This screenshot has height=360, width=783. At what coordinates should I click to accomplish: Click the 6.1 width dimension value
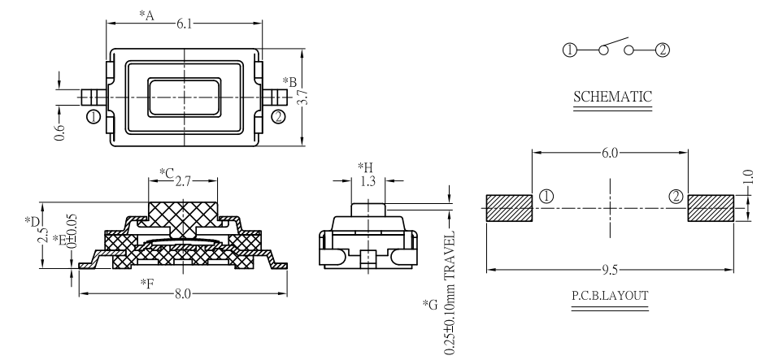(186, 25)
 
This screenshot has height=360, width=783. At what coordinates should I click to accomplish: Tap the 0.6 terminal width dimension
(59, 128)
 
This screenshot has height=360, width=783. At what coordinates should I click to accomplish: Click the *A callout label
(146, 15)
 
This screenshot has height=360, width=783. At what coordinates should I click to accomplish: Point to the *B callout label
(289, 80)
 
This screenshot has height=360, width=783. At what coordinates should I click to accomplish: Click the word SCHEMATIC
(613, 97)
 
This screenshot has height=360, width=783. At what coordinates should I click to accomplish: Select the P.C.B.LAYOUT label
(610, 295)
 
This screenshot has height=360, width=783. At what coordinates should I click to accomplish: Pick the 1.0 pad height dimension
(749, 176)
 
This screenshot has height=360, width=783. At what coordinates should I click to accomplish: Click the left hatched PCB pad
(509, 208)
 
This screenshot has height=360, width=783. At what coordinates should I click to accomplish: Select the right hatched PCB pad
(711, 208)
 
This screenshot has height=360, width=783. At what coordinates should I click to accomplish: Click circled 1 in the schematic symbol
(569, 50)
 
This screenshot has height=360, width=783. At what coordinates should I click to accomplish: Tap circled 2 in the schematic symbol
(662, 50)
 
